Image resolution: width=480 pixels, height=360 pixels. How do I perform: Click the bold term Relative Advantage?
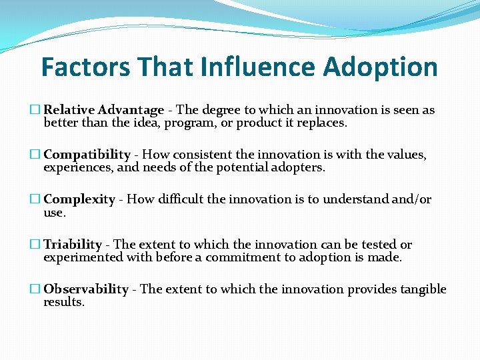coord(103,110)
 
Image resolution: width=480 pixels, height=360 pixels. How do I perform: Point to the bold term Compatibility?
coord(87,155)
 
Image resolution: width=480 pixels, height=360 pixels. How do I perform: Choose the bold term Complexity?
coord(79,199)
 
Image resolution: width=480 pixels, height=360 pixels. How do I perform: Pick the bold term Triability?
coord(73,245)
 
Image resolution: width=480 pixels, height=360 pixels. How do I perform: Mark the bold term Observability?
coord(86,289)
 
